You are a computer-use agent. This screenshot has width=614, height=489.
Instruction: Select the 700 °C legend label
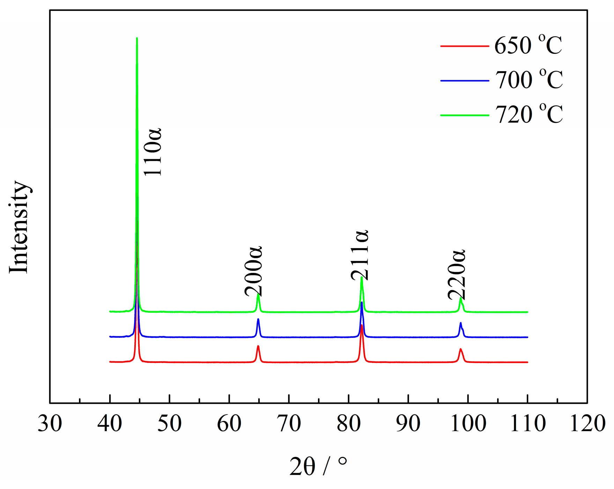(x=529, y=80)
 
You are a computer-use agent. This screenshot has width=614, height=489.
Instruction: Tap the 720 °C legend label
(x=529, y=114)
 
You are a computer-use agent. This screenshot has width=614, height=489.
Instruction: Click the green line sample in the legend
(x=465, y=115)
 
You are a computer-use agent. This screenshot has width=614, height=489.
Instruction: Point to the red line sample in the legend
(x=465, y=46)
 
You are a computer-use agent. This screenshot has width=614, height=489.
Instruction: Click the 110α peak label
(x=153, y=152)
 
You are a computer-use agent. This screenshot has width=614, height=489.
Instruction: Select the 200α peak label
(x=253, y=271)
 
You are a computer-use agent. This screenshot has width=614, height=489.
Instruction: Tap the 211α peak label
(x=360, y=255)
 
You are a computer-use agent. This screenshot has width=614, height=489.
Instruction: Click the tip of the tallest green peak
(x=137, y=38)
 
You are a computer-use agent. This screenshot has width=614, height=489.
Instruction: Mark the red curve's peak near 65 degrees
(x=258, y=346)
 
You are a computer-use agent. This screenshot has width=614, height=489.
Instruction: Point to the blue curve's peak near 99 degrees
(x=460, y=323)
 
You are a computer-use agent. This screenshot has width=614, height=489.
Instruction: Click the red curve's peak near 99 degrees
(x=460, y=349)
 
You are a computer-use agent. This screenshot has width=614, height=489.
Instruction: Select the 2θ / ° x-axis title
(x=318, y=466)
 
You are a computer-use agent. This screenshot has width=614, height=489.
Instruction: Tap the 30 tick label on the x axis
(x=50, y=424)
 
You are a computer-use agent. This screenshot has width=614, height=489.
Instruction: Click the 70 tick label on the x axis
(x=289, y=424)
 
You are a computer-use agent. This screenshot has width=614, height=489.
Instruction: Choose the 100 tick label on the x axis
(x=468, y=424)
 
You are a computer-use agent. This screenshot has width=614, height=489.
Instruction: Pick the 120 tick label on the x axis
(x=587, y=424)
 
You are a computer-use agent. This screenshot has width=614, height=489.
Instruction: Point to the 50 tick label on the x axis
(x=169, y=424)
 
